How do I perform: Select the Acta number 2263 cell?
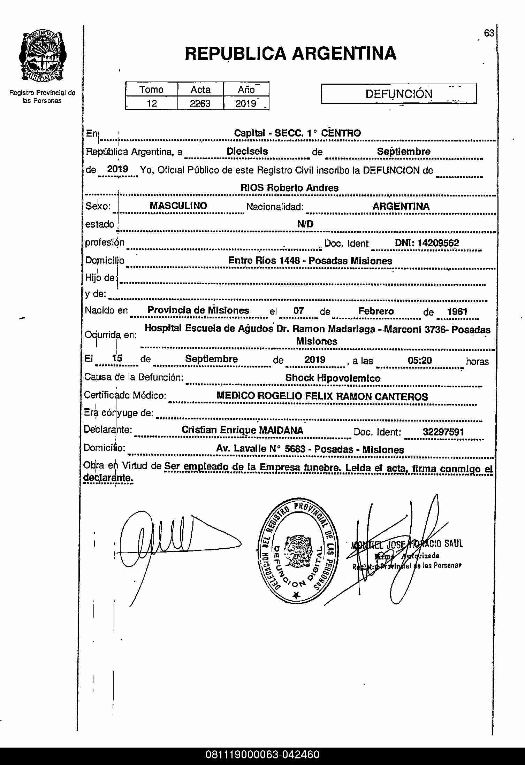point(200,103)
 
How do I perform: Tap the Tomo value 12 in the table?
point(152,103)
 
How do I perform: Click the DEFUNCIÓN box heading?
point(398,94)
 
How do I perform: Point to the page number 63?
point(489,33)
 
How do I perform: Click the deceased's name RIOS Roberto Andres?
point(289,188)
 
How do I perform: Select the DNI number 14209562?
point(438,243)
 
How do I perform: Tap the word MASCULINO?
point(178,206)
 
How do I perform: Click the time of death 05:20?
point(420,360)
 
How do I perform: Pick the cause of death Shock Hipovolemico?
point(333,378)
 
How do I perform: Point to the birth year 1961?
point(457,311)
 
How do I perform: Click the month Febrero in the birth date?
point(376,311)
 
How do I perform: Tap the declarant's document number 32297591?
point(443,432)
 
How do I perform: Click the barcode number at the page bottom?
point(262,755)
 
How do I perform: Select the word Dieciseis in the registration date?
point(247,151)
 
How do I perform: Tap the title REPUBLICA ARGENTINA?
point(290,54)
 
